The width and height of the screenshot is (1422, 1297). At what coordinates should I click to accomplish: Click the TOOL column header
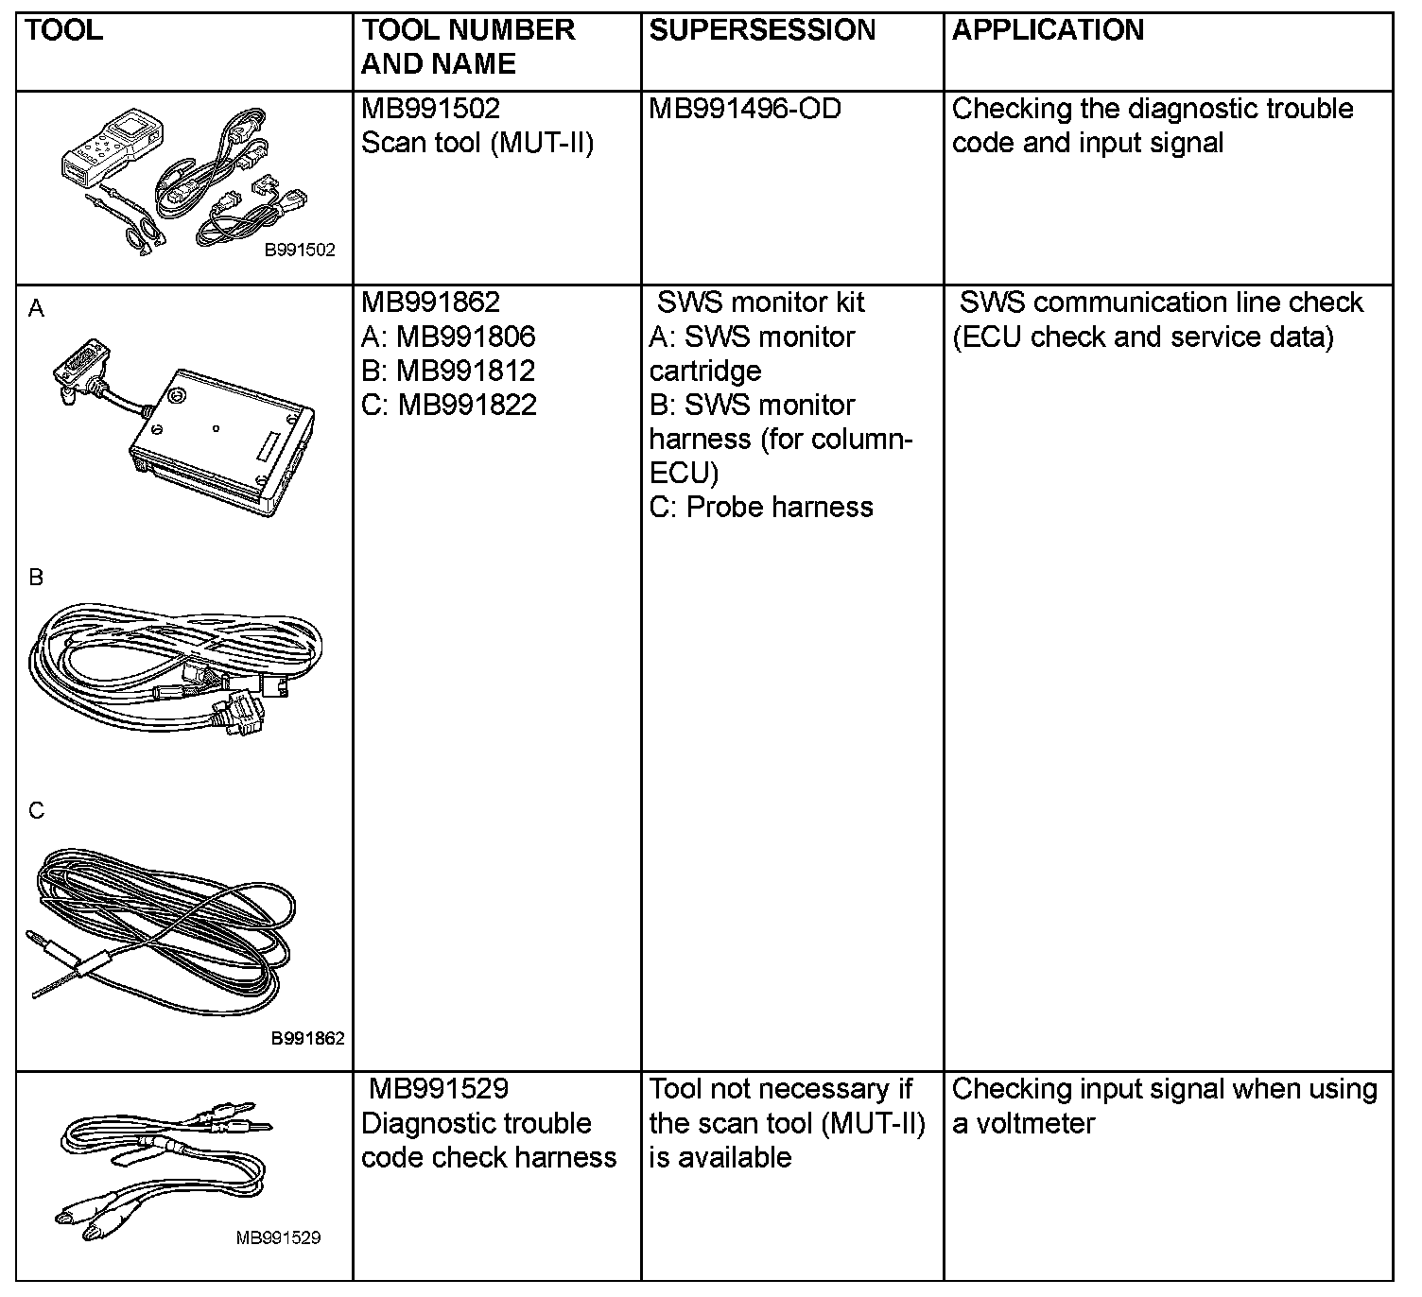pyautogui.click(x=64, y=30)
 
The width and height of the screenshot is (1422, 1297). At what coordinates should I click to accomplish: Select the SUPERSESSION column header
pyautogui.click(x=762, y=30)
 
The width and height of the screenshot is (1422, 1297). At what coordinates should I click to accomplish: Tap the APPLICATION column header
pyautogui.click(x=1048, y=30)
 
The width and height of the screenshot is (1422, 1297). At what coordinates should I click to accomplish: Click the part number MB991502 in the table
pyautogui.click(x=430, y=109)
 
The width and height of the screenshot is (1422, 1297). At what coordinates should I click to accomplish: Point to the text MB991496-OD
pyautogui.click(x=745, y=109)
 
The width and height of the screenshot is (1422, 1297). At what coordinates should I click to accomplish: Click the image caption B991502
pyautogui.click(x=299, y=251)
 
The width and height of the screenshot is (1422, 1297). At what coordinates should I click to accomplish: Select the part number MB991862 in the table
pyautogui.click(x=430, y=303)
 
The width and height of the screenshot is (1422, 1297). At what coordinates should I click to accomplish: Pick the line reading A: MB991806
pyautogui.click(x=448, y=337)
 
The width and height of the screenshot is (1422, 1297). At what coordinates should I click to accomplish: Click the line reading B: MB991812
pyautogui.click(x=448, y=371)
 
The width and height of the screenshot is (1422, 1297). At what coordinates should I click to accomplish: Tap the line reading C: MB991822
pyautogui.click(x=449, y=405)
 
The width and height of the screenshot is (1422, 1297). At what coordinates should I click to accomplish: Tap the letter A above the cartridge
pyautogui.click(x=36, y=309)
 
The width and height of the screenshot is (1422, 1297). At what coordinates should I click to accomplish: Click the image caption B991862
pyautogui.click(x=307, y=1038)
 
